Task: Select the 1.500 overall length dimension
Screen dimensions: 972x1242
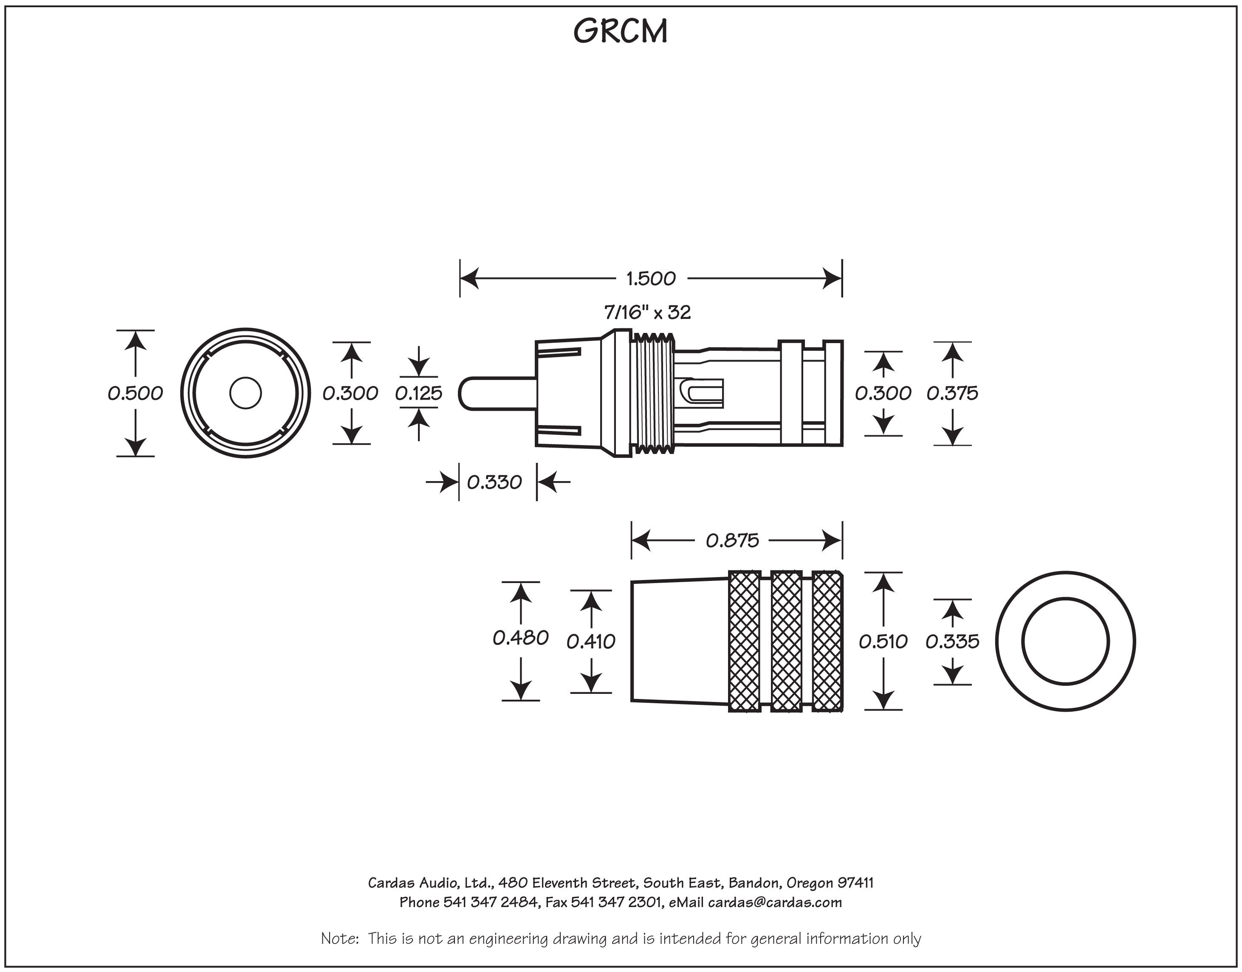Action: coord(651,279)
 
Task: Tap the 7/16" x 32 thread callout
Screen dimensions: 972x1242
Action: coord(647,313)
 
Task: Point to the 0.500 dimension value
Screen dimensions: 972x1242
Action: coord(135,393)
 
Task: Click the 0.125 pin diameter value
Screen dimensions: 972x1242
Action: coord(418,393)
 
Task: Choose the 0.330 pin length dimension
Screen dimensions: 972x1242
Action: coord(494,482)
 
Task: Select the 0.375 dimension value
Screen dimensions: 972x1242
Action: coord(952,393)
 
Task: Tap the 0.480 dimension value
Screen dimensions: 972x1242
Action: coord(520,638)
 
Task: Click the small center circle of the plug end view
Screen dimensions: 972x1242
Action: coord(246,393)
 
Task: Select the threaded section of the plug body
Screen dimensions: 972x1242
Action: coord(653,393)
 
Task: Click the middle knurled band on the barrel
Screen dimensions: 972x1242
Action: coord(786,641)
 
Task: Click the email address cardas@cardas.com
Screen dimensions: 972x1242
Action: coord(775,902)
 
